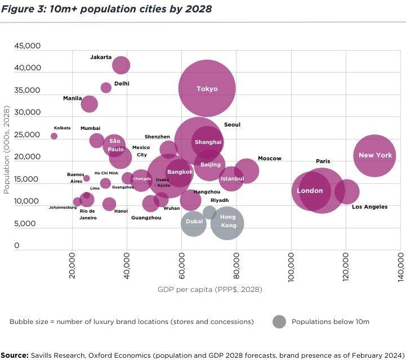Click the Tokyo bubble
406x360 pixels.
pyautogui.click(x=207, y=88)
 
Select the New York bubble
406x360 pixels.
pyautogui.click(x=375, y=155)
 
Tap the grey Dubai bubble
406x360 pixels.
pyautogui.click(x=194, y=222)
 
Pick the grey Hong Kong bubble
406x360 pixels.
pyautogui.click(x=227, y=223)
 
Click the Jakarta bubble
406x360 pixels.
pyautogui.click(x=121, y=65)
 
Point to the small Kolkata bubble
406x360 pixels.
pyautogui.click(x=54, y=136)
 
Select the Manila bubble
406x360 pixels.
pyautogui.click(x=89, y=104)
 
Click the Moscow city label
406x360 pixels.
pyautogui.click(x=269, y=159)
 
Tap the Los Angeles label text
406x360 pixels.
pyautogui.click(x=369, y=207)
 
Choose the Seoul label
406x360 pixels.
pyautogui.click(x=232, y=125)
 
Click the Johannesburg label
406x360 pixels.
pyautogui.click(x=63, y=208)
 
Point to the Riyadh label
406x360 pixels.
pyautogui.click(x=220, y=200)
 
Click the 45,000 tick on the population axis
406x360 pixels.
pyautogui.click(x=26, y=46)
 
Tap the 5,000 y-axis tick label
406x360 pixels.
pyautogui.click(x=29, y=223)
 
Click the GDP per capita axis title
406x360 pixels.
pyautogui.click(x=209, y=290)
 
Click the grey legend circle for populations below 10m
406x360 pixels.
pyautogui.click(x=279, y=322)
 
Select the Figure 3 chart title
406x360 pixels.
pyautogui.click(x=106, y=10)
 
